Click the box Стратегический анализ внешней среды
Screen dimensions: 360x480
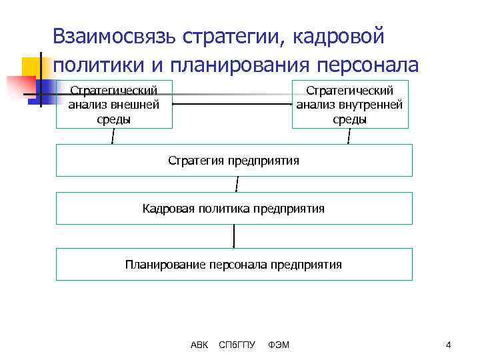114,105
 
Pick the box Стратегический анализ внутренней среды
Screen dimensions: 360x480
350,105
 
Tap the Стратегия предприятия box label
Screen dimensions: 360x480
233,161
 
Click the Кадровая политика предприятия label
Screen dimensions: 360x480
233,209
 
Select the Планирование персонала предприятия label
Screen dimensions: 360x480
233,265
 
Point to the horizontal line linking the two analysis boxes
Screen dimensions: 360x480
233,104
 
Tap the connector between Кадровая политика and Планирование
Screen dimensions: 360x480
234,236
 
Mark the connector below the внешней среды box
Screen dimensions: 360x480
113,137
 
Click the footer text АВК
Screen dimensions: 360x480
199,345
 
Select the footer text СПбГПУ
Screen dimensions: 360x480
237,345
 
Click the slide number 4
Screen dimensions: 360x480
449,345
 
